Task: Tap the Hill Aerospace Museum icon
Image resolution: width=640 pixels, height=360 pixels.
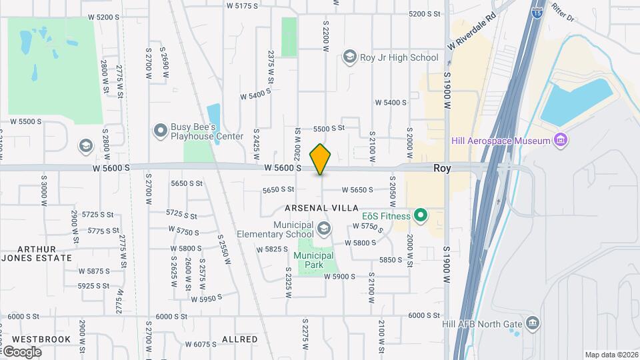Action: pos(561,140)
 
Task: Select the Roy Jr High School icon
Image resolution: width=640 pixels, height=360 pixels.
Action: pos(349,57)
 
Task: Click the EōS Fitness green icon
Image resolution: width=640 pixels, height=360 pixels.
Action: pos(420,215)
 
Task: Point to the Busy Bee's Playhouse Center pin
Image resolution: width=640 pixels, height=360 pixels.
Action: pos(160,131)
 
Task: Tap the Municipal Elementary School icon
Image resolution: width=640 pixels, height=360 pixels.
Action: pos(323,229)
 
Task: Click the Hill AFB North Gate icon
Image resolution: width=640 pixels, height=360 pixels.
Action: pos(532,324)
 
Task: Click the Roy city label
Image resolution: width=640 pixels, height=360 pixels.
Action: pos(442,169)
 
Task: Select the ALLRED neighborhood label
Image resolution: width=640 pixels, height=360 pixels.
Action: pos(239,339)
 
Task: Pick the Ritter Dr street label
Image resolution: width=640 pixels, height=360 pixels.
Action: pos(561,15)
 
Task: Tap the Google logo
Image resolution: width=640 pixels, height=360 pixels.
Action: pos(23,351)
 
